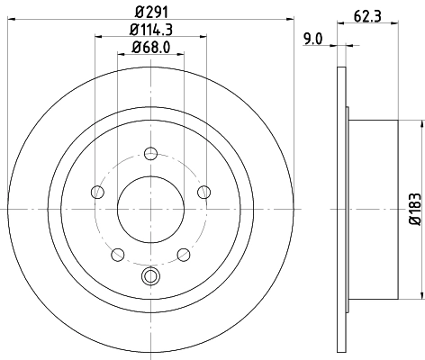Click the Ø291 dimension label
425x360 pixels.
click(149, 12)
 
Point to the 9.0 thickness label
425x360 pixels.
click(312, 38)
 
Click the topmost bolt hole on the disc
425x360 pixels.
click(150, 152)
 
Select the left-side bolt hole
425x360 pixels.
click(95, 191)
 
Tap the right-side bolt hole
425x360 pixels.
click(204, 191)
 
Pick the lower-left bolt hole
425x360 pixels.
click(116, 254)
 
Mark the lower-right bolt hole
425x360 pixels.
click(184, 254)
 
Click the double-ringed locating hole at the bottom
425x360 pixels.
click(150, 276)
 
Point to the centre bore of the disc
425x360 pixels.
click(150, 209)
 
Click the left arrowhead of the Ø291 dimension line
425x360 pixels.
click(10, 20)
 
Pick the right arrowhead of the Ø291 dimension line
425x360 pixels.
click(290, 20)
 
